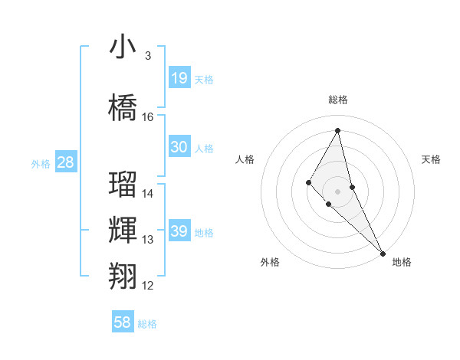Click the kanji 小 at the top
point(123,47)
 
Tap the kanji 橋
point(123,107)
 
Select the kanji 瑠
point(123,185)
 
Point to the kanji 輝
point(123,230)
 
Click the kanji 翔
point(123,275)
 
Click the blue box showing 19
point(179,78)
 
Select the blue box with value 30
point(179,147)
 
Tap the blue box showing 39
point(179,231)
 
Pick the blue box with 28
point(65,162)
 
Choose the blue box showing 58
point(123,322)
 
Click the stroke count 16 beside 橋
point(148,117)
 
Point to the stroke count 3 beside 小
point(148,56)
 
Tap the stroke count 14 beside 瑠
point(148,194)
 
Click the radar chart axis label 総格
point(338,100)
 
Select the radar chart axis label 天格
point(432,159)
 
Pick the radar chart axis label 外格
point(270,262)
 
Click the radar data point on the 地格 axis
point(383,253)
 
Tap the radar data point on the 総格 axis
point(338,130)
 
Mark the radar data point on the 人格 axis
point(308,182)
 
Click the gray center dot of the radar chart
point(338,191)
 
